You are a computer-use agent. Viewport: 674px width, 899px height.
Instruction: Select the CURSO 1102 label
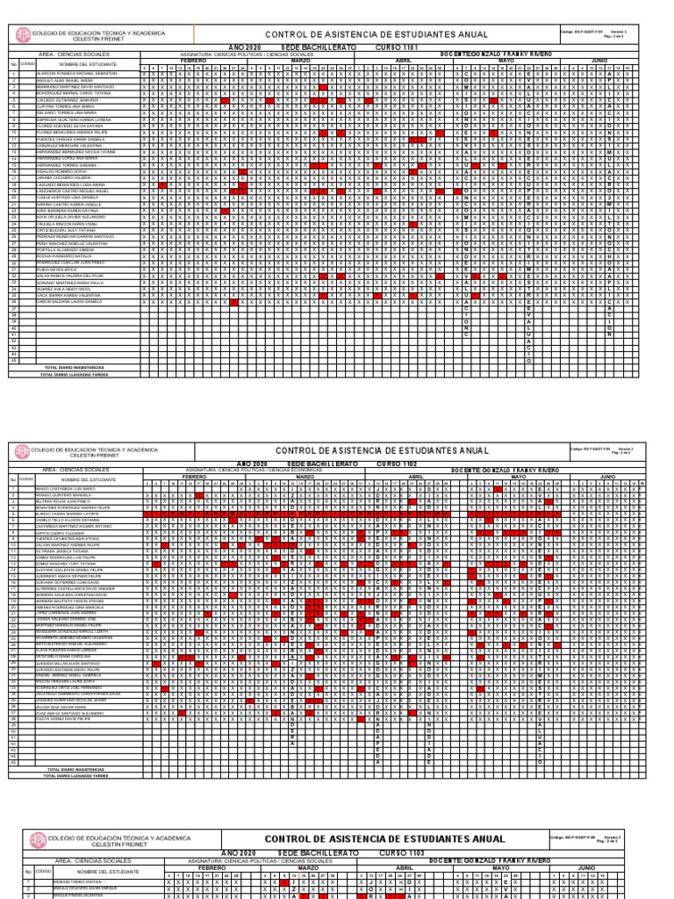(397, 463)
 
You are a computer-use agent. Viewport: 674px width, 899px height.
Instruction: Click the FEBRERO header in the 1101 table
(204, 61)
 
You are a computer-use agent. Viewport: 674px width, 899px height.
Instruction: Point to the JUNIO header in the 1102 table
(607, 476)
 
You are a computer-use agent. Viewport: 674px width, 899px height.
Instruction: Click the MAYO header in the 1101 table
(506, 61)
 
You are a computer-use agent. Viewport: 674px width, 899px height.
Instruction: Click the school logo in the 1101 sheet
(23, 36)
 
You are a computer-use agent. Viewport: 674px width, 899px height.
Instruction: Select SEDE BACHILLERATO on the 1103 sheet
(314, 852)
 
